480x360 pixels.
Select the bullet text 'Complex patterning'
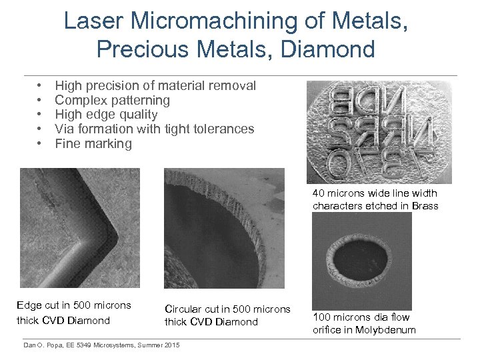[112, 100]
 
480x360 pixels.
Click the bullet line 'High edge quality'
[106, 115]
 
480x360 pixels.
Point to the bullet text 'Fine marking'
[93, 143]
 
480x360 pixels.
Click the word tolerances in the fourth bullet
[221, 129]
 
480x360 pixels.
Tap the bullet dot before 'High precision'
[40, 86]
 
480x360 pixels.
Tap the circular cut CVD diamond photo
[224, 227]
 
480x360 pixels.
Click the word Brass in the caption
[425, 206]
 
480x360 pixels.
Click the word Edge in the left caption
[29, 306]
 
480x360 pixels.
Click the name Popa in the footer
[59, 345]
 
